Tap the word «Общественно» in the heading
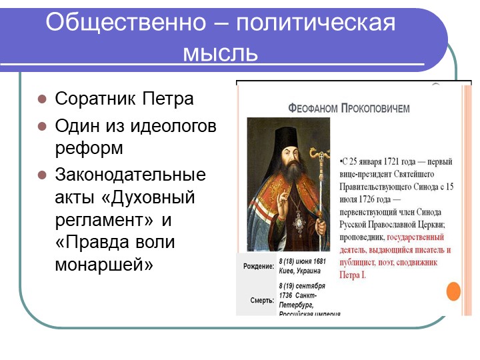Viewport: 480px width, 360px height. [x=126, y=22]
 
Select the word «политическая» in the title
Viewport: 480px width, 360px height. [x=315, y=23]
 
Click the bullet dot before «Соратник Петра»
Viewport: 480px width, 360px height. [x=42, y=99]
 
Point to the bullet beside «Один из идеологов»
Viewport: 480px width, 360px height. [x=42, y=127]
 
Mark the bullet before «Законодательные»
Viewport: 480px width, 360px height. [x=42, y=175]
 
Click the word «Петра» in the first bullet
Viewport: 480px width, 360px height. [x=168, y=99]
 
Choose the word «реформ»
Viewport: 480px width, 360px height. [x=89, y=148]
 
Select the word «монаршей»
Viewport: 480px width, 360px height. [x=104, y=264]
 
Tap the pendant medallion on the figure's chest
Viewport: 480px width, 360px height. [x=299, y=223]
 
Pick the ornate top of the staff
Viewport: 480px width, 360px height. [x=320, y=155]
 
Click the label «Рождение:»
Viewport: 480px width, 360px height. [x=259, y=266]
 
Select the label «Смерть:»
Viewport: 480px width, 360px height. [x=262, y=300]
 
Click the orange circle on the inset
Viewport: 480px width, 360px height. [x=454, y=291]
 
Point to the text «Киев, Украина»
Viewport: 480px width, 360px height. [x=300, y=271]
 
